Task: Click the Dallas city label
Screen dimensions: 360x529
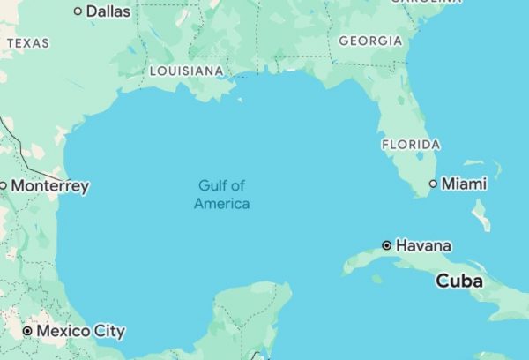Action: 108,11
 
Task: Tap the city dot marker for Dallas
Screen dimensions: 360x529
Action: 78,11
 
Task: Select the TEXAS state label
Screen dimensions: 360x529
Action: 28,42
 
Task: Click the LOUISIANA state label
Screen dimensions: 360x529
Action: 186,71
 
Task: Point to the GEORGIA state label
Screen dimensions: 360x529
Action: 370,41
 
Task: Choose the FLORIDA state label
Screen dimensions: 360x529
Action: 411,144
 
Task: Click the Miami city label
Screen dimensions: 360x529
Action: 464,184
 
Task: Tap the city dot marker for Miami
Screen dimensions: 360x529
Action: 433,184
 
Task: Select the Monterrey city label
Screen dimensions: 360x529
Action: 50,186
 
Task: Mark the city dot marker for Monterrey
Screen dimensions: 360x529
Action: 3,185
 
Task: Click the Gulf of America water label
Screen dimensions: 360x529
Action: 222,194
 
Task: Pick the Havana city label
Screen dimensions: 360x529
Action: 423,245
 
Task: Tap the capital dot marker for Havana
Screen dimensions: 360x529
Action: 386,245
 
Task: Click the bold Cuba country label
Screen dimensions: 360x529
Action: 459,281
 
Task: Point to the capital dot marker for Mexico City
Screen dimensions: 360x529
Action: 27,331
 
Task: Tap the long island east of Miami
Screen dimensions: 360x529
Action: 481,214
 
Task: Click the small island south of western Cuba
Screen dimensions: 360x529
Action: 377,279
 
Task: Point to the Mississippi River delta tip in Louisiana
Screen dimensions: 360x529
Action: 239,98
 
